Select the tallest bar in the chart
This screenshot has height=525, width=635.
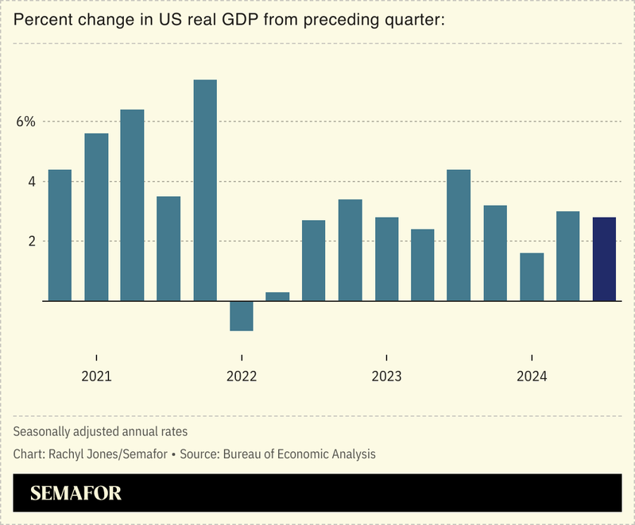205,191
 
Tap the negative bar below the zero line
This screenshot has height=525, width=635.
242,315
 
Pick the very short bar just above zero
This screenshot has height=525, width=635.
277,296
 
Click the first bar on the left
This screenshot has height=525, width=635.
60,235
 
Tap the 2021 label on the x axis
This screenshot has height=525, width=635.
96,376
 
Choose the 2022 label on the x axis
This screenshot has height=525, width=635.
242,376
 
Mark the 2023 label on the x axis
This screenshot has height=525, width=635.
386,376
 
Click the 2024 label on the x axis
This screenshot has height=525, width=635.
532,376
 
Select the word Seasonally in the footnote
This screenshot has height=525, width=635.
43,431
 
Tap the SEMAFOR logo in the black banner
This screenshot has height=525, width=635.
76,493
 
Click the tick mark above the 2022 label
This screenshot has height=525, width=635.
242,358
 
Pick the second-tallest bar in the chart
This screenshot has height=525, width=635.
132,205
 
